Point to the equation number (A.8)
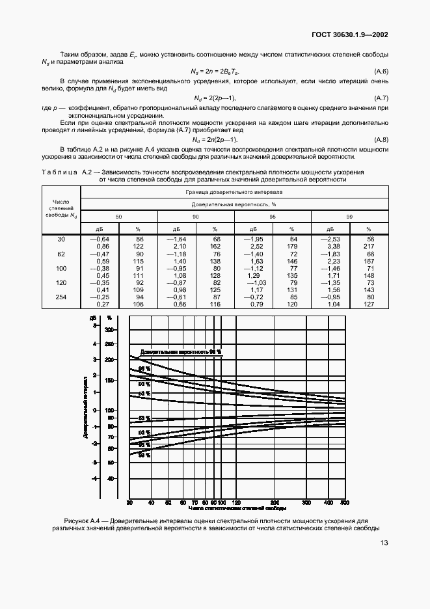click(381, 141)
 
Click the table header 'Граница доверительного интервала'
click(234, 193)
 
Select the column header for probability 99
click(350, 216)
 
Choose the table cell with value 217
click(370, 247)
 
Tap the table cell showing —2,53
click(332, 239)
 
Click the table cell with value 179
click(293, 247)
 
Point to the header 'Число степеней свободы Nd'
click(60, 208)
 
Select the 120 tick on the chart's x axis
click(237, 503)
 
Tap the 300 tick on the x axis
click(306, 503)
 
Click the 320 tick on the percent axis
click(109, 330)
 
